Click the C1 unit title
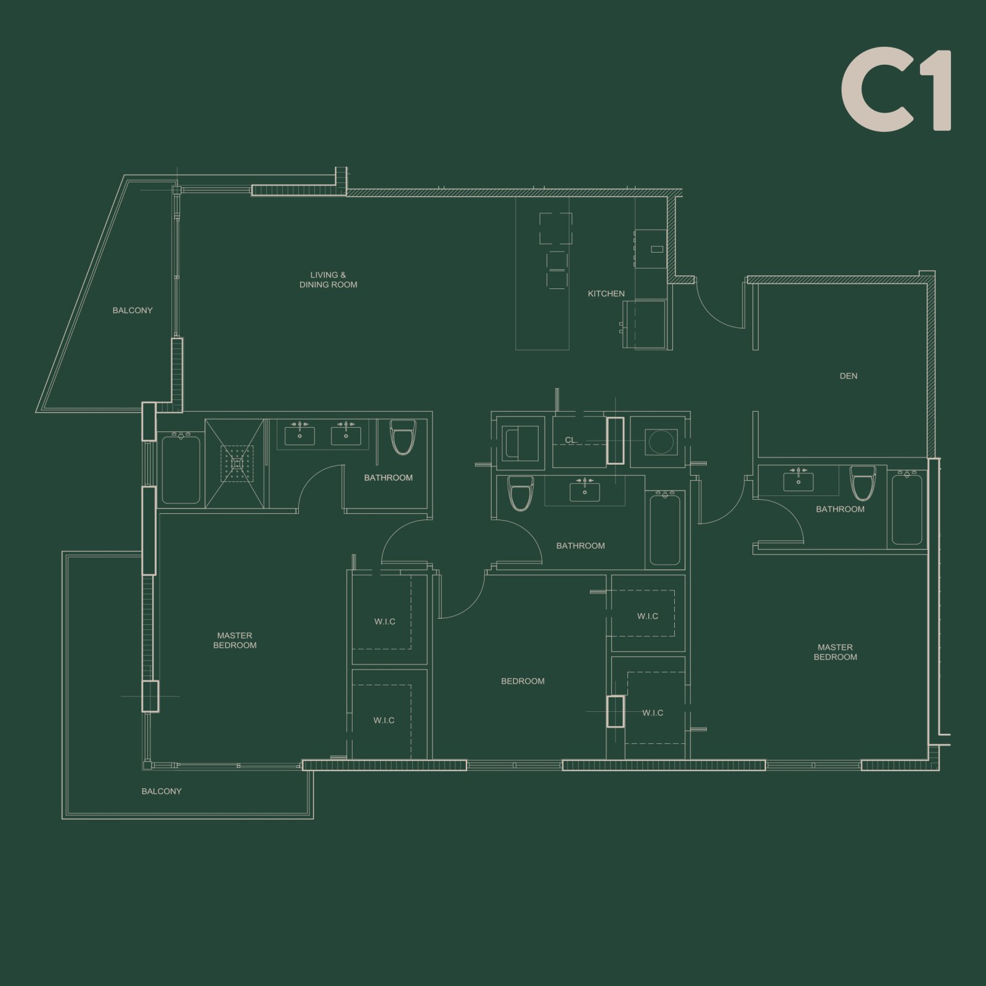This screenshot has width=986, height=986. coord(896,90)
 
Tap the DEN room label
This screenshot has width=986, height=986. coord(848,376)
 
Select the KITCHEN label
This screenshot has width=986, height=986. coord(606,294)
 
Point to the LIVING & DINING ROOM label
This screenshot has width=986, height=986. coord(328,280)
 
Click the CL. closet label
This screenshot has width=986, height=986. coord(571,440)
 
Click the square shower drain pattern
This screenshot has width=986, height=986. coord(237,463)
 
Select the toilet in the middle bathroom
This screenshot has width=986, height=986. coord(520,493)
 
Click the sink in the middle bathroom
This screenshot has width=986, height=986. coord(584,492)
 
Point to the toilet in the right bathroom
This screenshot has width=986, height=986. coord(863,482)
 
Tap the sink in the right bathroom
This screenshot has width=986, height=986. coord(798,481)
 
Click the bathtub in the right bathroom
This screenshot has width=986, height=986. coord(907,509)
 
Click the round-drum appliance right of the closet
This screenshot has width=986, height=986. coord(661,442)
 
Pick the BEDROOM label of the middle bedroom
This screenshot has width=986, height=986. coord(523,681)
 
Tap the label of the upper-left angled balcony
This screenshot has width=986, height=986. coord(132,311)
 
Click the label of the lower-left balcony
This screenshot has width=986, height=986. coord(161,791)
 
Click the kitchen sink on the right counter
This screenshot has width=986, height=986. coord(657,250)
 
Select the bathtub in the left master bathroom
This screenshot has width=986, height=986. coord(181,470)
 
